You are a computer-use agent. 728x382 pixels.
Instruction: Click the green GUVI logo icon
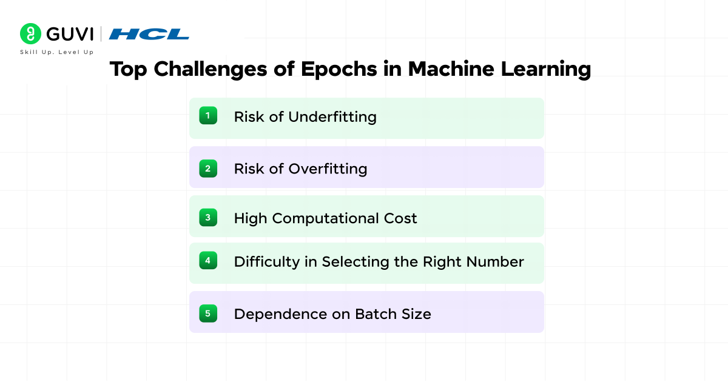click(x=30, y=34)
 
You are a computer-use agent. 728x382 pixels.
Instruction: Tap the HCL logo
click(x=149, y=34)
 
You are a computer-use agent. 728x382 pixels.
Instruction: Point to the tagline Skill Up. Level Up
click(x=56, y=52)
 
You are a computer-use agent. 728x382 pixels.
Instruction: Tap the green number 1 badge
click(x=207, y=115)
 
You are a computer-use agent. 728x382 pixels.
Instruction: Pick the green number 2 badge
click(x=207, y=167)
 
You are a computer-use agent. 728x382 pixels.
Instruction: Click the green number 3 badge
click(x=207, y=216)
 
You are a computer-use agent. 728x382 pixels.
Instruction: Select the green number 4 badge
click(x=207, y=261)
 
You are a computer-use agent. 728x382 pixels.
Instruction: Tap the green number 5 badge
click(x=207, y=313)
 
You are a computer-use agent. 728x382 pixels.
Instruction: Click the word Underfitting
click(x=332, y=117)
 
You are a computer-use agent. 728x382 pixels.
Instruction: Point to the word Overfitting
click(x=328, y=169)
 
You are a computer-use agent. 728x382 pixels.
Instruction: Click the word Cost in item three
click(x=402, y=218)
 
